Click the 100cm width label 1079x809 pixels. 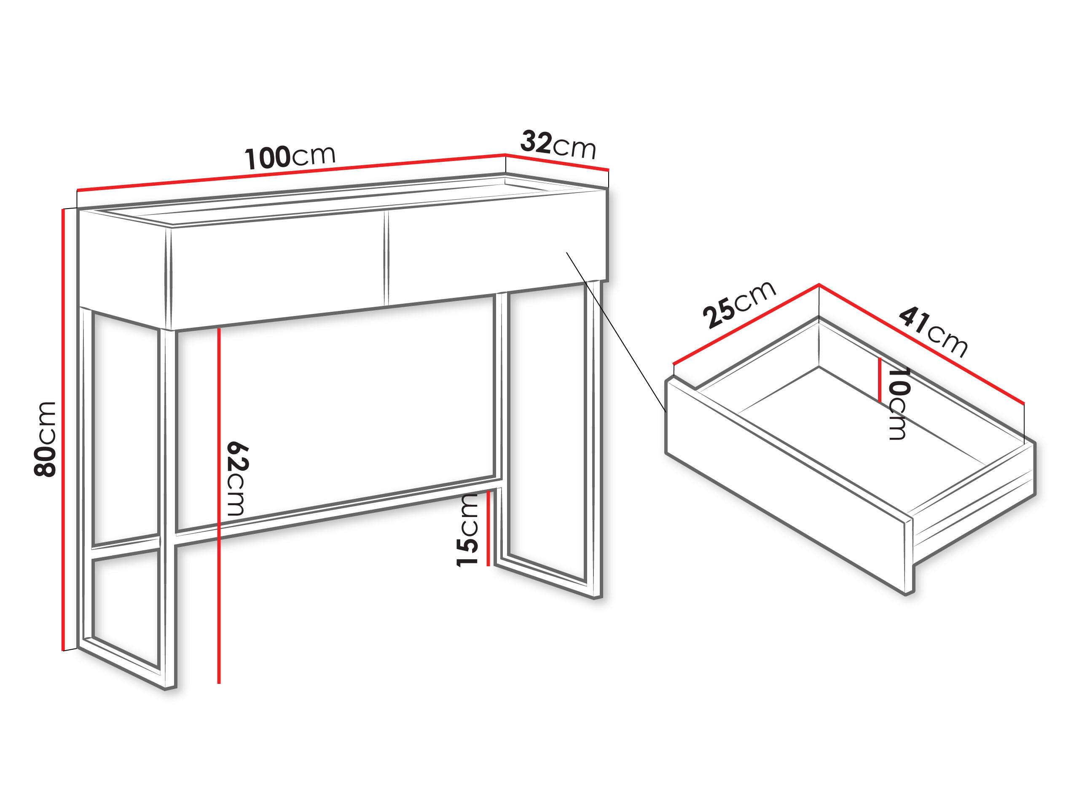coord(290,157)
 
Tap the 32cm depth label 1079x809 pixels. coord(558,145)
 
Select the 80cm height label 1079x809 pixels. coord(45,439)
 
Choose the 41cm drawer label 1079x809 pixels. coord(933,332)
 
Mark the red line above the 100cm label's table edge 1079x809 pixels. coord(291,172)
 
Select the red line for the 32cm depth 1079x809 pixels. coord(557,162)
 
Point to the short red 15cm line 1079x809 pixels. coord(488,529)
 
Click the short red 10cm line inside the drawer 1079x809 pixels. coord(880,380)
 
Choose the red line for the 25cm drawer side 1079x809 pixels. coord(746,324)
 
